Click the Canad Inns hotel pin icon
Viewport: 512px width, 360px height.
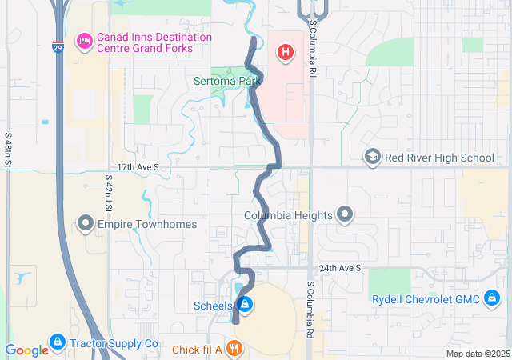point(83,41)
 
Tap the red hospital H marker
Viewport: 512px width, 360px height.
point(284,53)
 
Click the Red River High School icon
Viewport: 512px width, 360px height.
point(372,157)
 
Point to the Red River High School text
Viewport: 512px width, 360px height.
point(439,158)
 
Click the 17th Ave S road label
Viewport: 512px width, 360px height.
point(138,167)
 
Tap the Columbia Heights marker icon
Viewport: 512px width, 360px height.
point(344,214)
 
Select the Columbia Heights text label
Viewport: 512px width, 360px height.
point(288,215)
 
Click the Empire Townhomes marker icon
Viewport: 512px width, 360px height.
point(86,223)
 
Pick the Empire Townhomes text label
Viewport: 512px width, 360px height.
point(147,224)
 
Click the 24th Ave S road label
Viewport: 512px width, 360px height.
point(340,268)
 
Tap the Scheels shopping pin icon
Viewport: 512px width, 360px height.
point(245,305)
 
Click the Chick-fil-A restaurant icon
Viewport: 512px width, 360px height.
point(234,348)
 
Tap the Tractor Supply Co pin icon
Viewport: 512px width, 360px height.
point(57,342)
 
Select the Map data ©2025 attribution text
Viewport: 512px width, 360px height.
point(477,354)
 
